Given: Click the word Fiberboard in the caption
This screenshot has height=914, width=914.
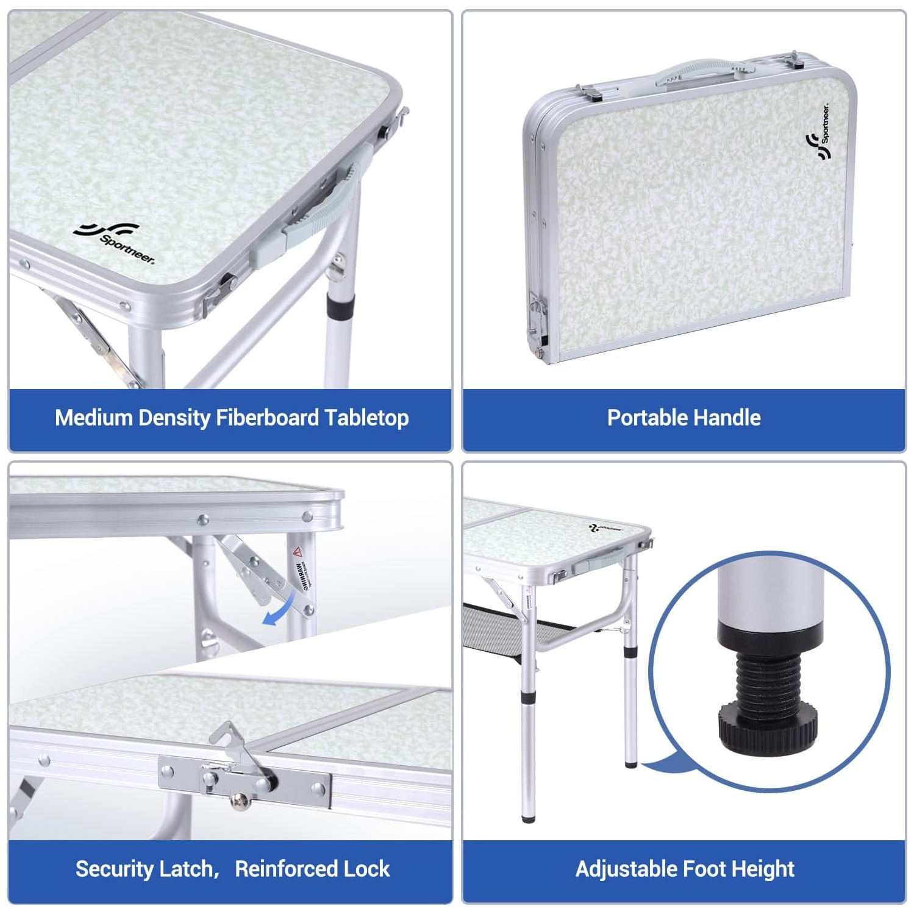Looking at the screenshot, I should pos(268,418).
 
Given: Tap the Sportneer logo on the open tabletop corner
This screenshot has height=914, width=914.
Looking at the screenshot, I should pos(114,243).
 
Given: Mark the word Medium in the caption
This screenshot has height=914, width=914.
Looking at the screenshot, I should pos(94,418).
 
